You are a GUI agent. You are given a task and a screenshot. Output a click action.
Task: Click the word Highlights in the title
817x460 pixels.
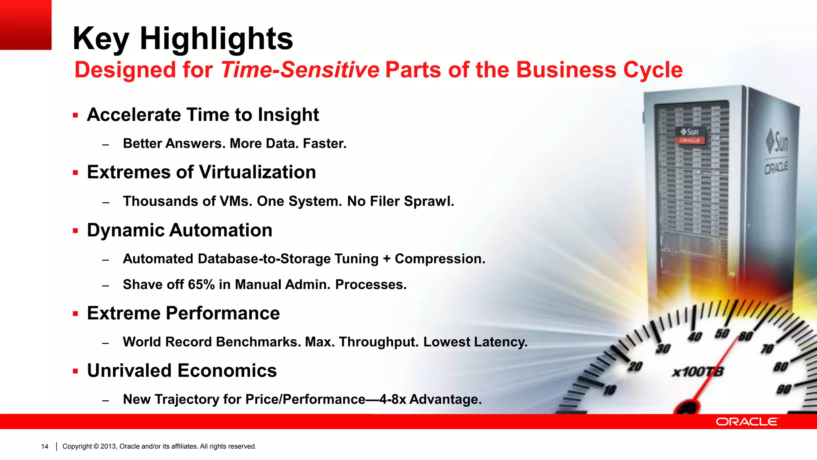pyautogui.click(x=216, y=39)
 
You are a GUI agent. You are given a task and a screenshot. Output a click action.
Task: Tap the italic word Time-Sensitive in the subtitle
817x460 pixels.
pyautogui.click(x=300, y=70)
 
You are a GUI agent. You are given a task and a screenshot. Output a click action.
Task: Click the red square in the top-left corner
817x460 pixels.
pyautogui.click(x=26, y=25)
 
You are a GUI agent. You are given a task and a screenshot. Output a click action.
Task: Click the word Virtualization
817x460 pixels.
pyautogui.click(x=257, y=172)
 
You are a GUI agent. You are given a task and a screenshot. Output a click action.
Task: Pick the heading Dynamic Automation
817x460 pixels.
pyautogui.click(x=180, y=230)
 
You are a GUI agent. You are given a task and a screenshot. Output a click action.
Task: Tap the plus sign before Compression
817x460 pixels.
pyautogui.click(x=386, y=259)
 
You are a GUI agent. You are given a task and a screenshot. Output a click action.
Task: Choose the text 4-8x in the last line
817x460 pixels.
pyautogui.click(x=393, y=400)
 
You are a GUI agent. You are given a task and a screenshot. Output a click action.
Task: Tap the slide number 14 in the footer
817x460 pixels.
pyautogui.click(x=45, y=446)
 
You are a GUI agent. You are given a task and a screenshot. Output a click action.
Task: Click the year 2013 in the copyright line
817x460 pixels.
pyautogui.click(x=108, y=446)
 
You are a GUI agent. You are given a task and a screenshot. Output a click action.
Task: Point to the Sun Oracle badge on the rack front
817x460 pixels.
pyautogui.click(x=690, y=135)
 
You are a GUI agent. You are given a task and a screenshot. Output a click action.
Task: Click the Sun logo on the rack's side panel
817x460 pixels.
pyautogui.click(x=777, y=143)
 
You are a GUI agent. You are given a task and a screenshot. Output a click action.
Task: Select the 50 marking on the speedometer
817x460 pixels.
pyautogui.click(x=722, y=333)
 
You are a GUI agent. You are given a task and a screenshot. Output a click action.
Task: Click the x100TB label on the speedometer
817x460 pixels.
pyautogui.click(x=697, y=372)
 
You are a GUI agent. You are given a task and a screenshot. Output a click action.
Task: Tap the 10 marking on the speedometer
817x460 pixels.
pyautogui.click(x=610, y=390)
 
